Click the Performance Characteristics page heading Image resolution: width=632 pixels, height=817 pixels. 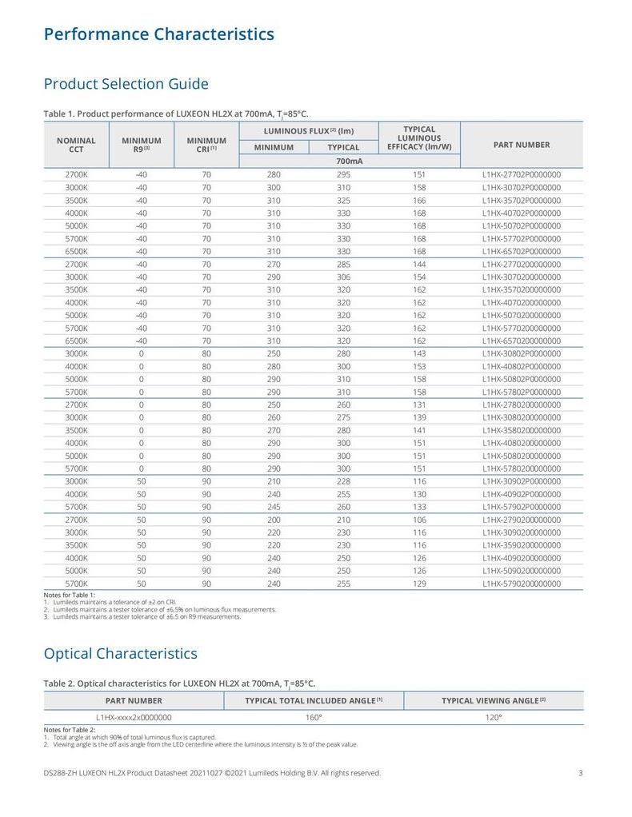point(158,34)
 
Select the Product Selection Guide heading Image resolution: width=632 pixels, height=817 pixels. point(126,84)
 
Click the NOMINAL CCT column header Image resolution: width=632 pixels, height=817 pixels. point(76,145)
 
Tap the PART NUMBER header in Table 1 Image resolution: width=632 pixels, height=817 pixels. point(521,145)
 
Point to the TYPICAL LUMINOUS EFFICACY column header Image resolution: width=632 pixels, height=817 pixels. point(419,138)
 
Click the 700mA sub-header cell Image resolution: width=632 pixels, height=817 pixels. point(350,161)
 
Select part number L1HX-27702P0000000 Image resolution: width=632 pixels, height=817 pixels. point(521,174)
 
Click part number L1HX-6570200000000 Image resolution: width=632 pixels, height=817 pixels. point(521,341)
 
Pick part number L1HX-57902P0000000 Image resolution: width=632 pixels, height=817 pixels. point(521,507)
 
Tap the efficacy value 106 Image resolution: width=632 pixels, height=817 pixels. point(419,520)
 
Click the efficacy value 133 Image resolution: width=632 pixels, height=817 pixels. point(419,507)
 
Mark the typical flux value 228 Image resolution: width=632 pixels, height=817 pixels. point(343,481)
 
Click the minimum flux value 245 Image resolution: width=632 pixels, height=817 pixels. point(274,507)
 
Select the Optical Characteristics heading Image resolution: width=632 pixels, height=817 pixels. point(120,653)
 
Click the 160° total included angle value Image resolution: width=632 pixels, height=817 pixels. point(314,717)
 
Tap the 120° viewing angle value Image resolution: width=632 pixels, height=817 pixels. point(494,717)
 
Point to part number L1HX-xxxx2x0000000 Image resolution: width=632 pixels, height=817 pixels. point(134,717)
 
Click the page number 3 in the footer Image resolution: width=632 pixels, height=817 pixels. point(580,773)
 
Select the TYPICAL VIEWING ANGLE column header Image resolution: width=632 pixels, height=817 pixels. point(494,700)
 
